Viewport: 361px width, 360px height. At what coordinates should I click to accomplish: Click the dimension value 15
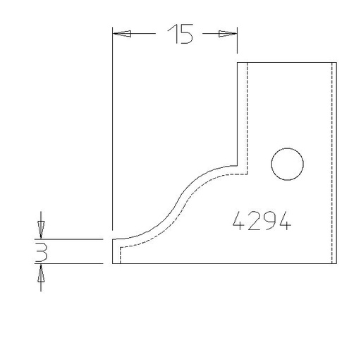point(180,34)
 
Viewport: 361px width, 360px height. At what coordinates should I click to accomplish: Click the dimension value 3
point(41,252)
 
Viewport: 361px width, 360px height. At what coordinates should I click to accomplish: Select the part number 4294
point(262,221)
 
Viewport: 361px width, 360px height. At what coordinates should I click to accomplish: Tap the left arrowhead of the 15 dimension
point(122,34)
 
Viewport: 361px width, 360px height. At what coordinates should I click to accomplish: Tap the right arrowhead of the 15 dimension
point(228,34)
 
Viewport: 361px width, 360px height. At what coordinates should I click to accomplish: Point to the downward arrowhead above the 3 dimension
point(41,229)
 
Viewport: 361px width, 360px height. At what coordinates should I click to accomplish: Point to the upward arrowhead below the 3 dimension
point(41,273)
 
